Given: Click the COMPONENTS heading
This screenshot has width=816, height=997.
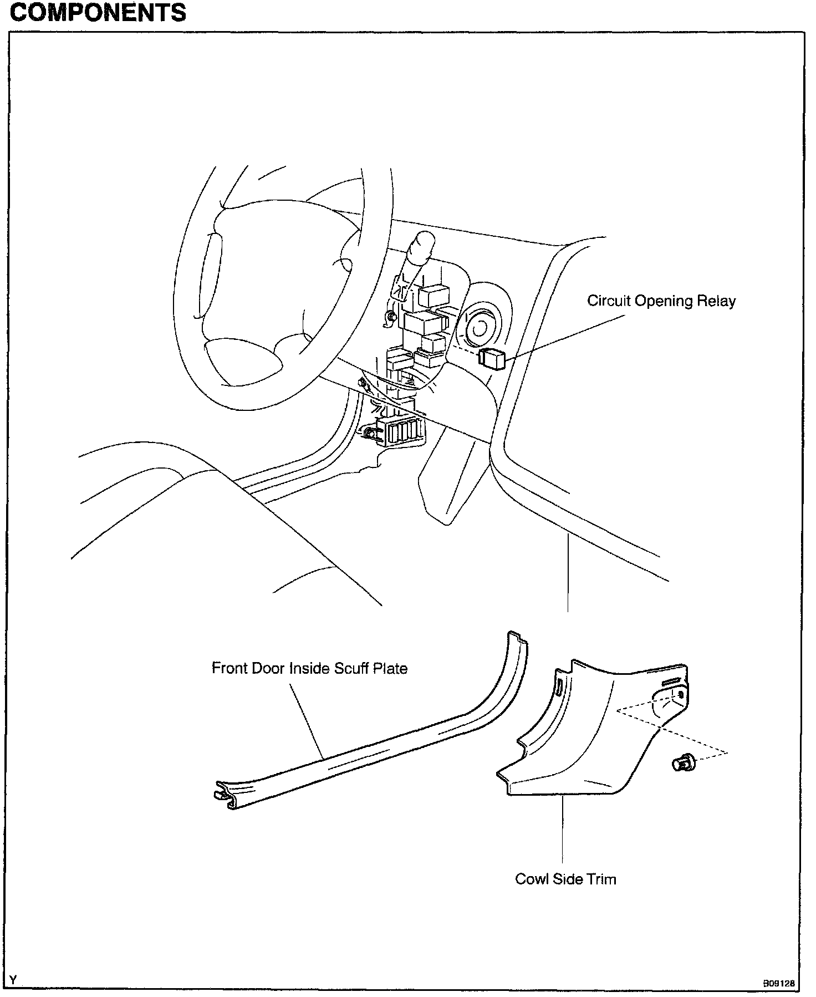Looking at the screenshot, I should [98, 12].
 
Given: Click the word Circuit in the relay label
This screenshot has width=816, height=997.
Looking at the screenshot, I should [609, 301].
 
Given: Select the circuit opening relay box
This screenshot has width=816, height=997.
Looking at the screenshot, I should [492, 358].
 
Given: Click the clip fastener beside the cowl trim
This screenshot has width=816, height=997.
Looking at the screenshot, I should [680, 765].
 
